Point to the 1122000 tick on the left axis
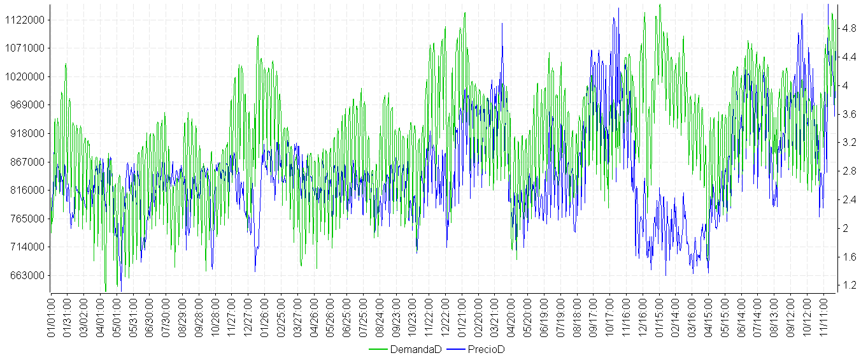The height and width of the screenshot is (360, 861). point(24,20)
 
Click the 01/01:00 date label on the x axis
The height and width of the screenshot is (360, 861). point(52,316)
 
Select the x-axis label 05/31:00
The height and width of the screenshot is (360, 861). point(134,316)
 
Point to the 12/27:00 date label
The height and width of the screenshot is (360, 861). point(249,316)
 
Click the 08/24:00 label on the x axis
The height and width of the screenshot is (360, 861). point(380,316)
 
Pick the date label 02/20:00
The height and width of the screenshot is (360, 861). point(479,316)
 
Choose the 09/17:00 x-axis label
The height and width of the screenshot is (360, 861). point(594,316)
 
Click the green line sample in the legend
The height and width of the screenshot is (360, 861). point(378,350)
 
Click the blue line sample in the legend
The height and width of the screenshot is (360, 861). point(456,350)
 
